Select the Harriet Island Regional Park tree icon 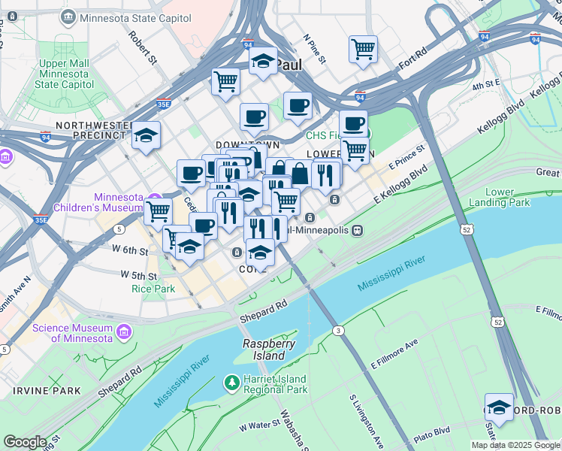[x=233, y=384]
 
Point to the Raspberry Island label [x=264, y=350]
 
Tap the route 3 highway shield [x=339, y=331]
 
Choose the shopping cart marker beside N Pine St [x=363, y=49]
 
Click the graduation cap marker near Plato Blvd [x=499, y=407]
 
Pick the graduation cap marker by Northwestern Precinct [x=146, y=135]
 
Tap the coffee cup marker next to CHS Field [x=353, y=123]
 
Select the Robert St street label [x=141, y=47]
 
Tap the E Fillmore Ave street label [x=393, y=355]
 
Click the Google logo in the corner [x=25, y=442]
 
